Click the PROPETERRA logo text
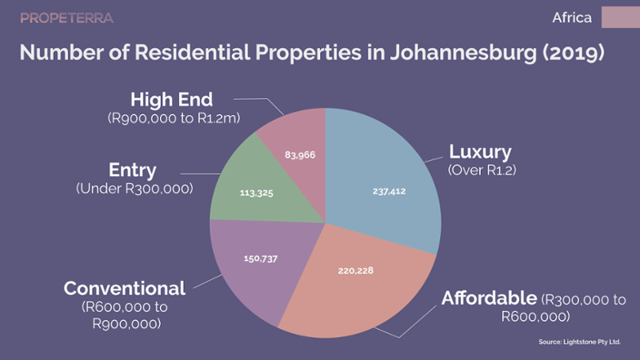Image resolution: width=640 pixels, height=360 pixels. point(67,18)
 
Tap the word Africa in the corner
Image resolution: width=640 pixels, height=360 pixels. point(572,18)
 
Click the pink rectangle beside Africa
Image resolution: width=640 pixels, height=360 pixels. point(621,17)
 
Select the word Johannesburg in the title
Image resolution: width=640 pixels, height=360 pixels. point(463,53)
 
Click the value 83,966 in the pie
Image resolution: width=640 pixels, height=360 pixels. point(300,155)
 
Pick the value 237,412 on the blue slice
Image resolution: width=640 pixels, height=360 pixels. point(389,191)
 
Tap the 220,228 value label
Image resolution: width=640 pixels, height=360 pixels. point(355,270)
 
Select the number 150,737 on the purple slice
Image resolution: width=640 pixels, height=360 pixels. point(261,258)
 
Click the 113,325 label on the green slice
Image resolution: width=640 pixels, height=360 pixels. point(256,193)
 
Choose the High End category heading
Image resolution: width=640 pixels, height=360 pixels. point(171,99)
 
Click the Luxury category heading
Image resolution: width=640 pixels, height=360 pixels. point(480,152)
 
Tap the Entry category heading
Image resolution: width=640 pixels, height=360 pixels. point(132,170)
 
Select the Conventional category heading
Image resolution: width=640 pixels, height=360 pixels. point(125,289)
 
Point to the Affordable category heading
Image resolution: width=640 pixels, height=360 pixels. point(489,298)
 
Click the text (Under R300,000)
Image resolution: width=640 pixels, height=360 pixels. point(134,189)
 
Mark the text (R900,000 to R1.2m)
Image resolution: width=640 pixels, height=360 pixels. point(174,118)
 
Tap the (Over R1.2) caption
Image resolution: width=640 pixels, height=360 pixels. point(482,170)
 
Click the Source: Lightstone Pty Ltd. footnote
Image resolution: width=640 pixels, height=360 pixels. point(579,342)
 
